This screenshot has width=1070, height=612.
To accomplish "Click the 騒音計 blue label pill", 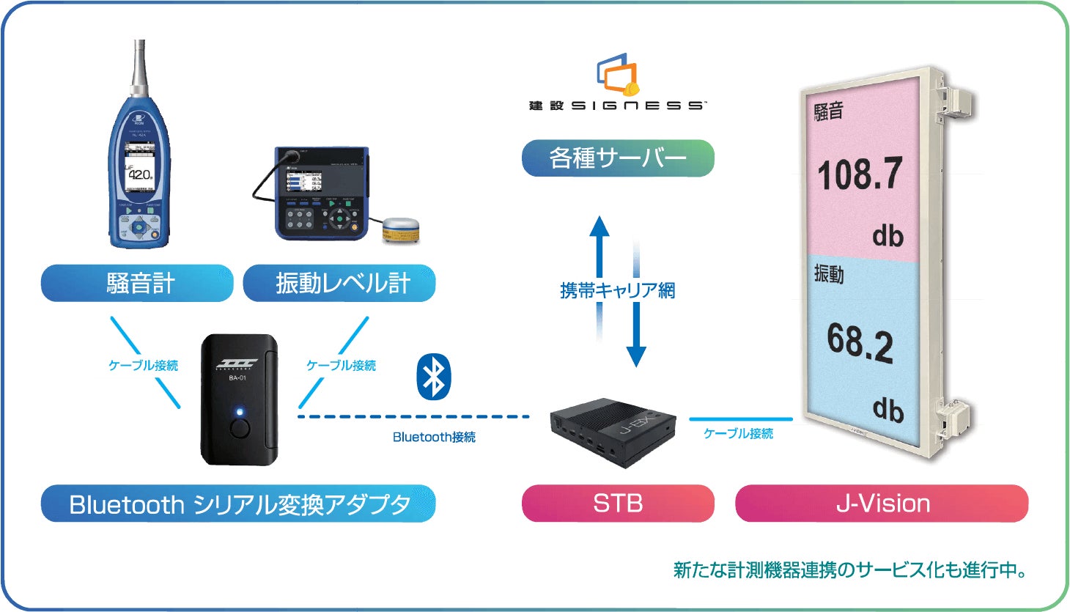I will pos(137,284).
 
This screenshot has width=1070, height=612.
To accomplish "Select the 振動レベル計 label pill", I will pos(339,284).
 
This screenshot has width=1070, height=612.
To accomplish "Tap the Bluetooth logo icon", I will pos(434,377).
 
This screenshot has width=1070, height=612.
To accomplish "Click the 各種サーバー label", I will pos(617,158).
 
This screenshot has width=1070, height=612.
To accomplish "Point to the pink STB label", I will pos(618,504).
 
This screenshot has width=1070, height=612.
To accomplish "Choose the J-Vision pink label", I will pos(882,504).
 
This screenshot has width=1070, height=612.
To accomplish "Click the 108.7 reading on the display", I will pos(859,174).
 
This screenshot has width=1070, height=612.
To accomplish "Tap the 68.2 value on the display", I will pos(860,342).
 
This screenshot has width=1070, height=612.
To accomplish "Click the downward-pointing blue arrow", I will pos(636,333).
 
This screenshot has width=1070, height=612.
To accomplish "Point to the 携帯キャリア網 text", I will pos(617,291).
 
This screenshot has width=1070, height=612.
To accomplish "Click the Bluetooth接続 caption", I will pos(434,438).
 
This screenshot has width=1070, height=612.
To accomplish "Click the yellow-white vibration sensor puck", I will pos(400,230).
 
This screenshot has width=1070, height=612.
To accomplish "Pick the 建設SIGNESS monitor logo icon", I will pos(618,75).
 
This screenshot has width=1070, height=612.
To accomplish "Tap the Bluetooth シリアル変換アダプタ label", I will pos(238,504).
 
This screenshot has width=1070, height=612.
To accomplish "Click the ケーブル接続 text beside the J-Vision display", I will pos(738,434).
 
